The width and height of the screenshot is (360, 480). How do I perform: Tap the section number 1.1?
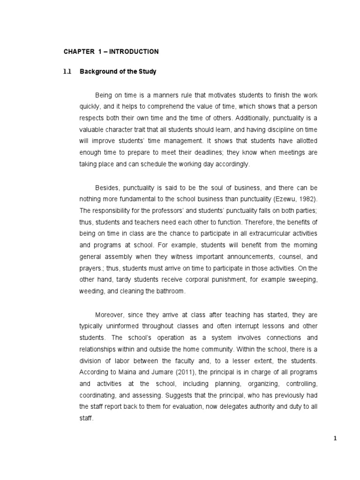coord(67,72)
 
